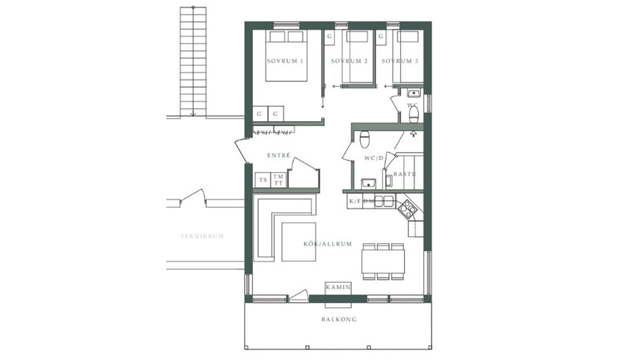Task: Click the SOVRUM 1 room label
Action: tap(285, 61)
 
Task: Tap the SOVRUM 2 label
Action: tap(349, 61)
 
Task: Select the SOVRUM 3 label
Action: tap(400, 61)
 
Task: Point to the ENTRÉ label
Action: tap(278, 155)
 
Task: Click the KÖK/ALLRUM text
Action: tap(327, 244)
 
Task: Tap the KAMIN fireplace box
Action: tap(338, 287)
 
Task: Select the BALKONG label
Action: tap(339, 319)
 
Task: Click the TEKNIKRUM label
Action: tap(202, 236)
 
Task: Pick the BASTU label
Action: tap(404, 174)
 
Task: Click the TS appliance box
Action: tap(263, 180)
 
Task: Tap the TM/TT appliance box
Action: tap(278, 180)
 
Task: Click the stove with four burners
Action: tap(407, 209)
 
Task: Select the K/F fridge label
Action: tap(355, 201)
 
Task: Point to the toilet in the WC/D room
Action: tap(364, 139)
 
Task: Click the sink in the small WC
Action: tap(413, 93)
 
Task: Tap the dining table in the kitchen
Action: tap(383, 261)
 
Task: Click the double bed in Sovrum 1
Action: tap(286, 55)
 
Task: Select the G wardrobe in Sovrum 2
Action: tap(329, 37)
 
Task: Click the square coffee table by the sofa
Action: tap(299, 241)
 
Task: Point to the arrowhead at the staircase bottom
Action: tap(193, 114)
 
